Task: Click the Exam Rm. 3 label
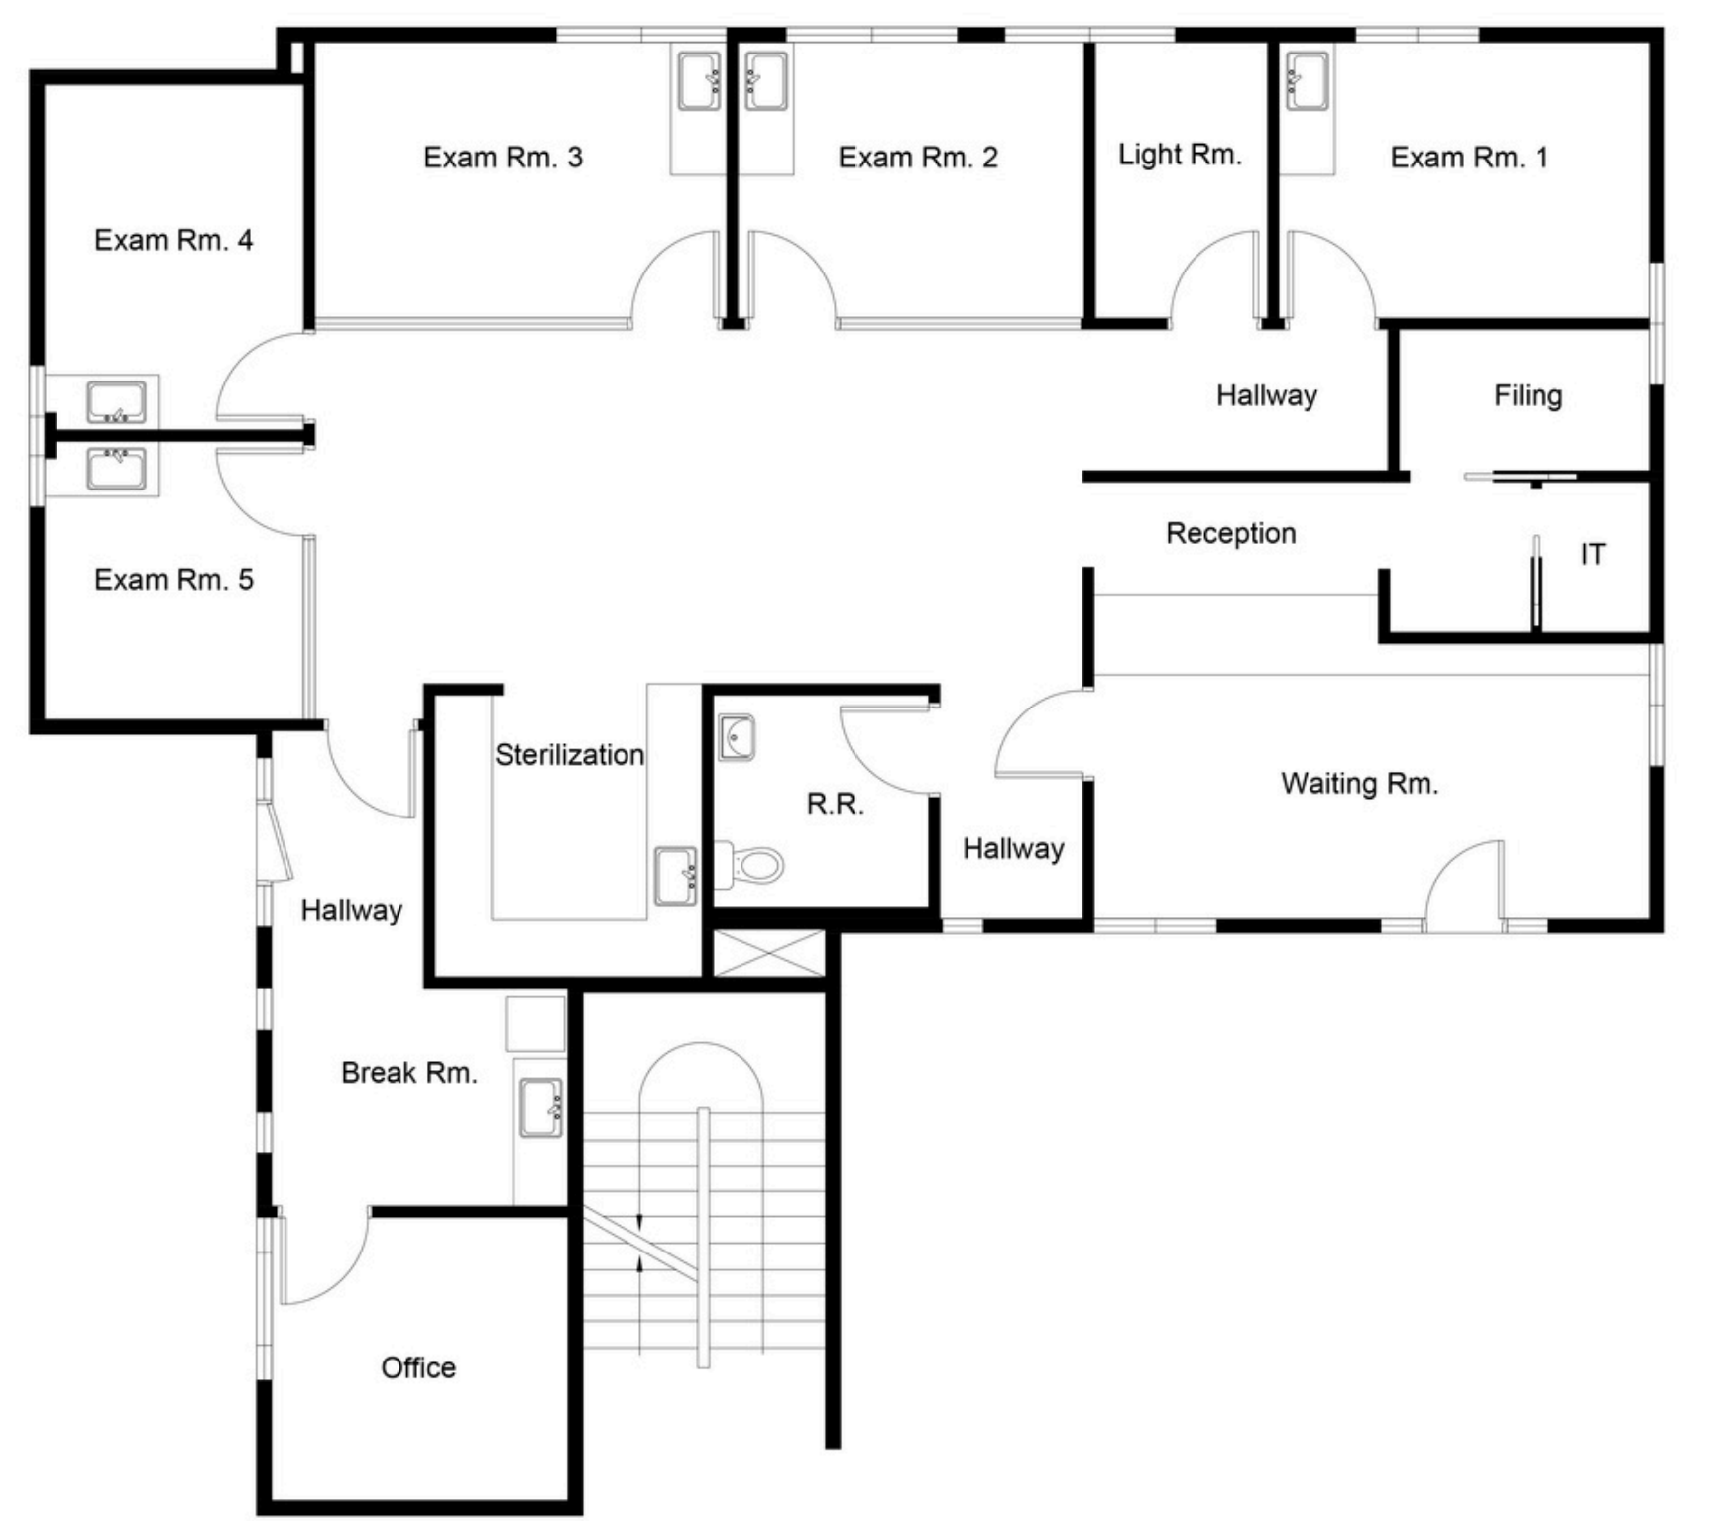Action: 503,158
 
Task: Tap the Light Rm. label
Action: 1180,155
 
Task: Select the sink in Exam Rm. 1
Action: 1307,81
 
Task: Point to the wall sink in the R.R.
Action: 737,737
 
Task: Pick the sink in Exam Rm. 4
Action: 117,402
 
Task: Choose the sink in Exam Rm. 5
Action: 117,469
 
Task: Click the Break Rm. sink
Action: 542,1108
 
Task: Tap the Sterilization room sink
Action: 676,876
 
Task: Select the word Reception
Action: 1230,533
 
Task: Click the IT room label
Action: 1592,555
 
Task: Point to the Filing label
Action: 1528,396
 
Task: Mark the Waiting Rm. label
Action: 1359,784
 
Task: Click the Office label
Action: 418,1368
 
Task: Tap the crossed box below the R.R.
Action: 769,953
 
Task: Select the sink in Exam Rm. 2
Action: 766,81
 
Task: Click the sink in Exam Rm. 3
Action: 700,81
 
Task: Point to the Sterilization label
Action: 570,755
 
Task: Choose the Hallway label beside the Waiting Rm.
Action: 1013,849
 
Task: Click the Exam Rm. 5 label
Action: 173,580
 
